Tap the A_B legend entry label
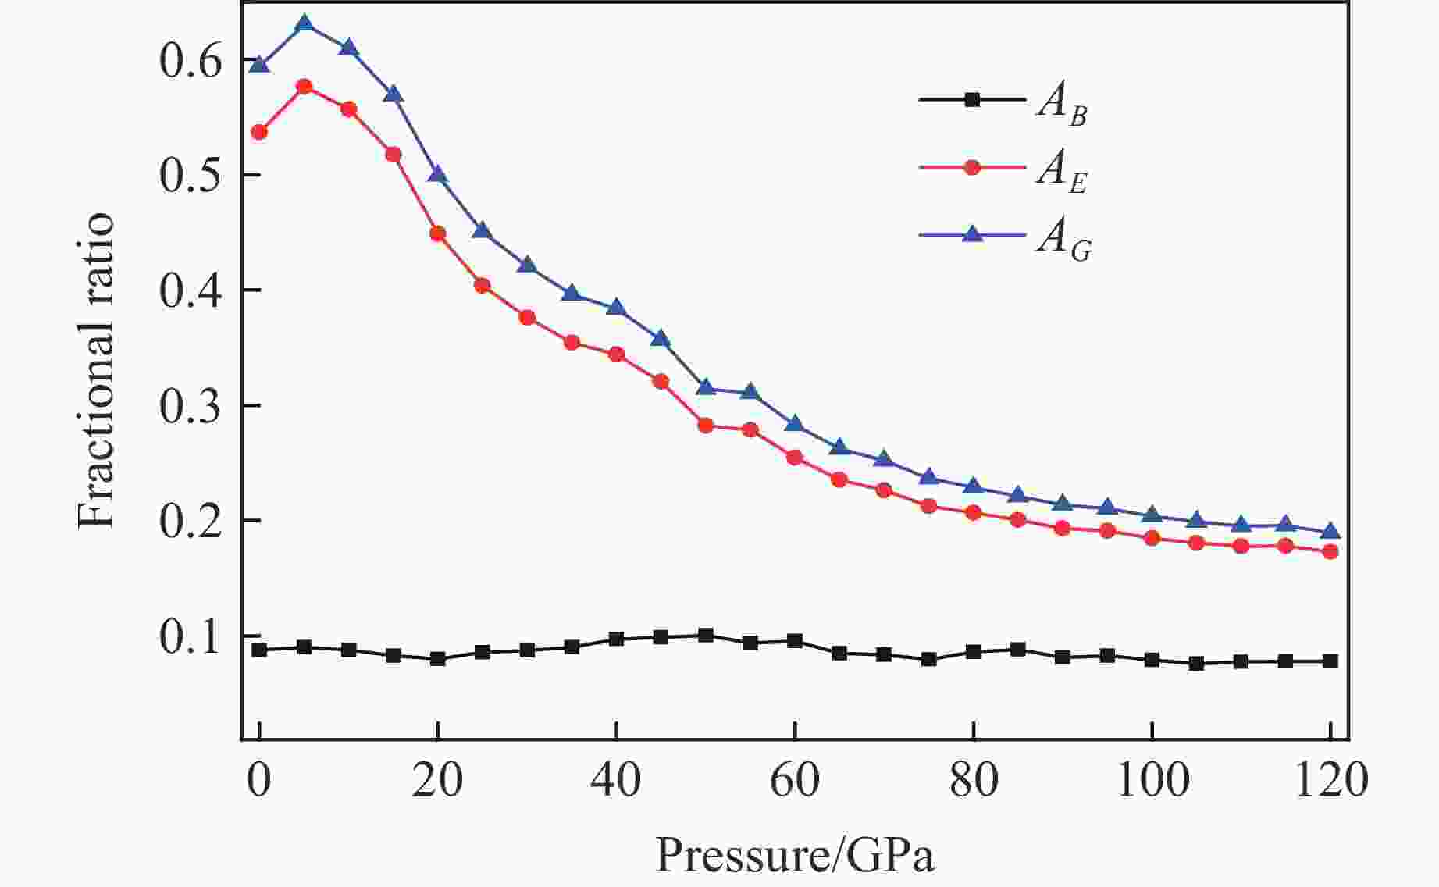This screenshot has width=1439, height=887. (x=1062, y=105)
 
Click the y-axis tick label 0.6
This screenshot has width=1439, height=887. (x=191, y=61)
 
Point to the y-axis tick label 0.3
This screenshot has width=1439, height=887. (x=191, y=405)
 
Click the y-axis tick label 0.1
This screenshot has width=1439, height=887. (x=191, y=636)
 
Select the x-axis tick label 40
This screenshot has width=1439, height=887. (x=616, y=779)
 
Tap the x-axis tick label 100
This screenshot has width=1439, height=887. (x=1152, y=779)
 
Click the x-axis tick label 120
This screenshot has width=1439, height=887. (x=1330, y=779)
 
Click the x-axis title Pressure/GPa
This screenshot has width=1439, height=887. (x=794, y=855)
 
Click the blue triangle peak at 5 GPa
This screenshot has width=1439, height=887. (x=305, y=24)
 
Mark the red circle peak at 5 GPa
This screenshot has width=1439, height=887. (x=305, y=86)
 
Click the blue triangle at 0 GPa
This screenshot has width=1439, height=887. (x=260, y=64)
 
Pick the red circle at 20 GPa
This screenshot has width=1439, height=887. (x=438, y=233)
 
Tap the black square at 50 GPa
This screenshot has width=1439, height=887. (x=706, y=635)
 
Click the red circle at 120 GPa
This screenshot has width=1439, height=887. (x=1330, y=552)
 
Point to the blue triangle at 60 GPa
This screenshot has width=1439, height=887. (x=795, y=424)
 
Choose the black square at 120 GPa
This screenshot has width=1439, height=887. (x=1330, y=661)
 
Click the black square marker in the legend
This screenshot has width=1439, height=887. (x=972, y=99)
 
